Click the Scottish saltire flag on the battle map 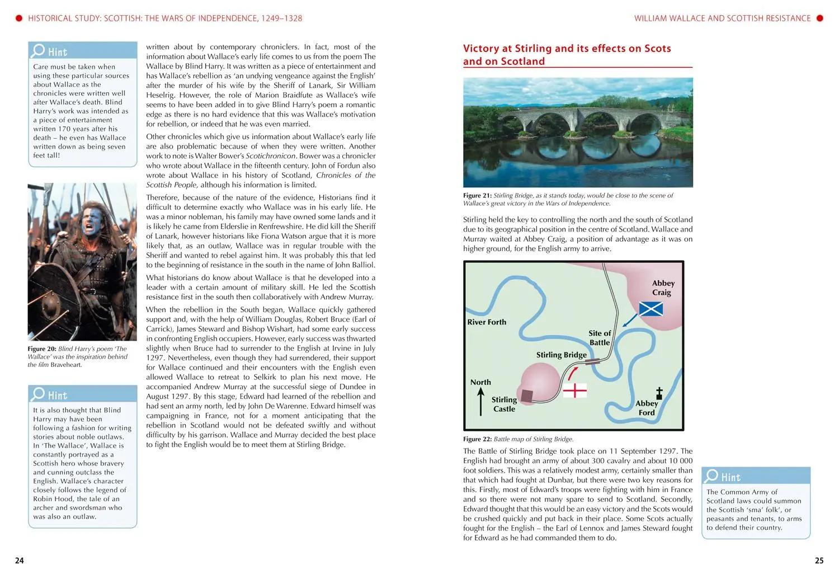651,309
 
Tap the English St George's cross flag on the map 574,390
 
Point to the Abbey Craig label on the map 663,288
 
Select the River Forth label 487,322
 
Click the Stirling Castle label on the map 504,404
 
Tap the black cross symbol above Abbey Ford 659,392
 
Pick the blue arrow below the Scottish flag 630,320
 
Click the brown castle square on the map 527,396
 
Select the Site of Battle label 600,338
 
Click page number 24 20,561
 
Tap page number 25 819,561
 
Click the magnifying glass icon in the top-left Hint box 38,50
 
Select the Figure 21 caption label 477,196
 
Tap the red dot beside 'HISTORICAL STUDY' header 18,18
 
